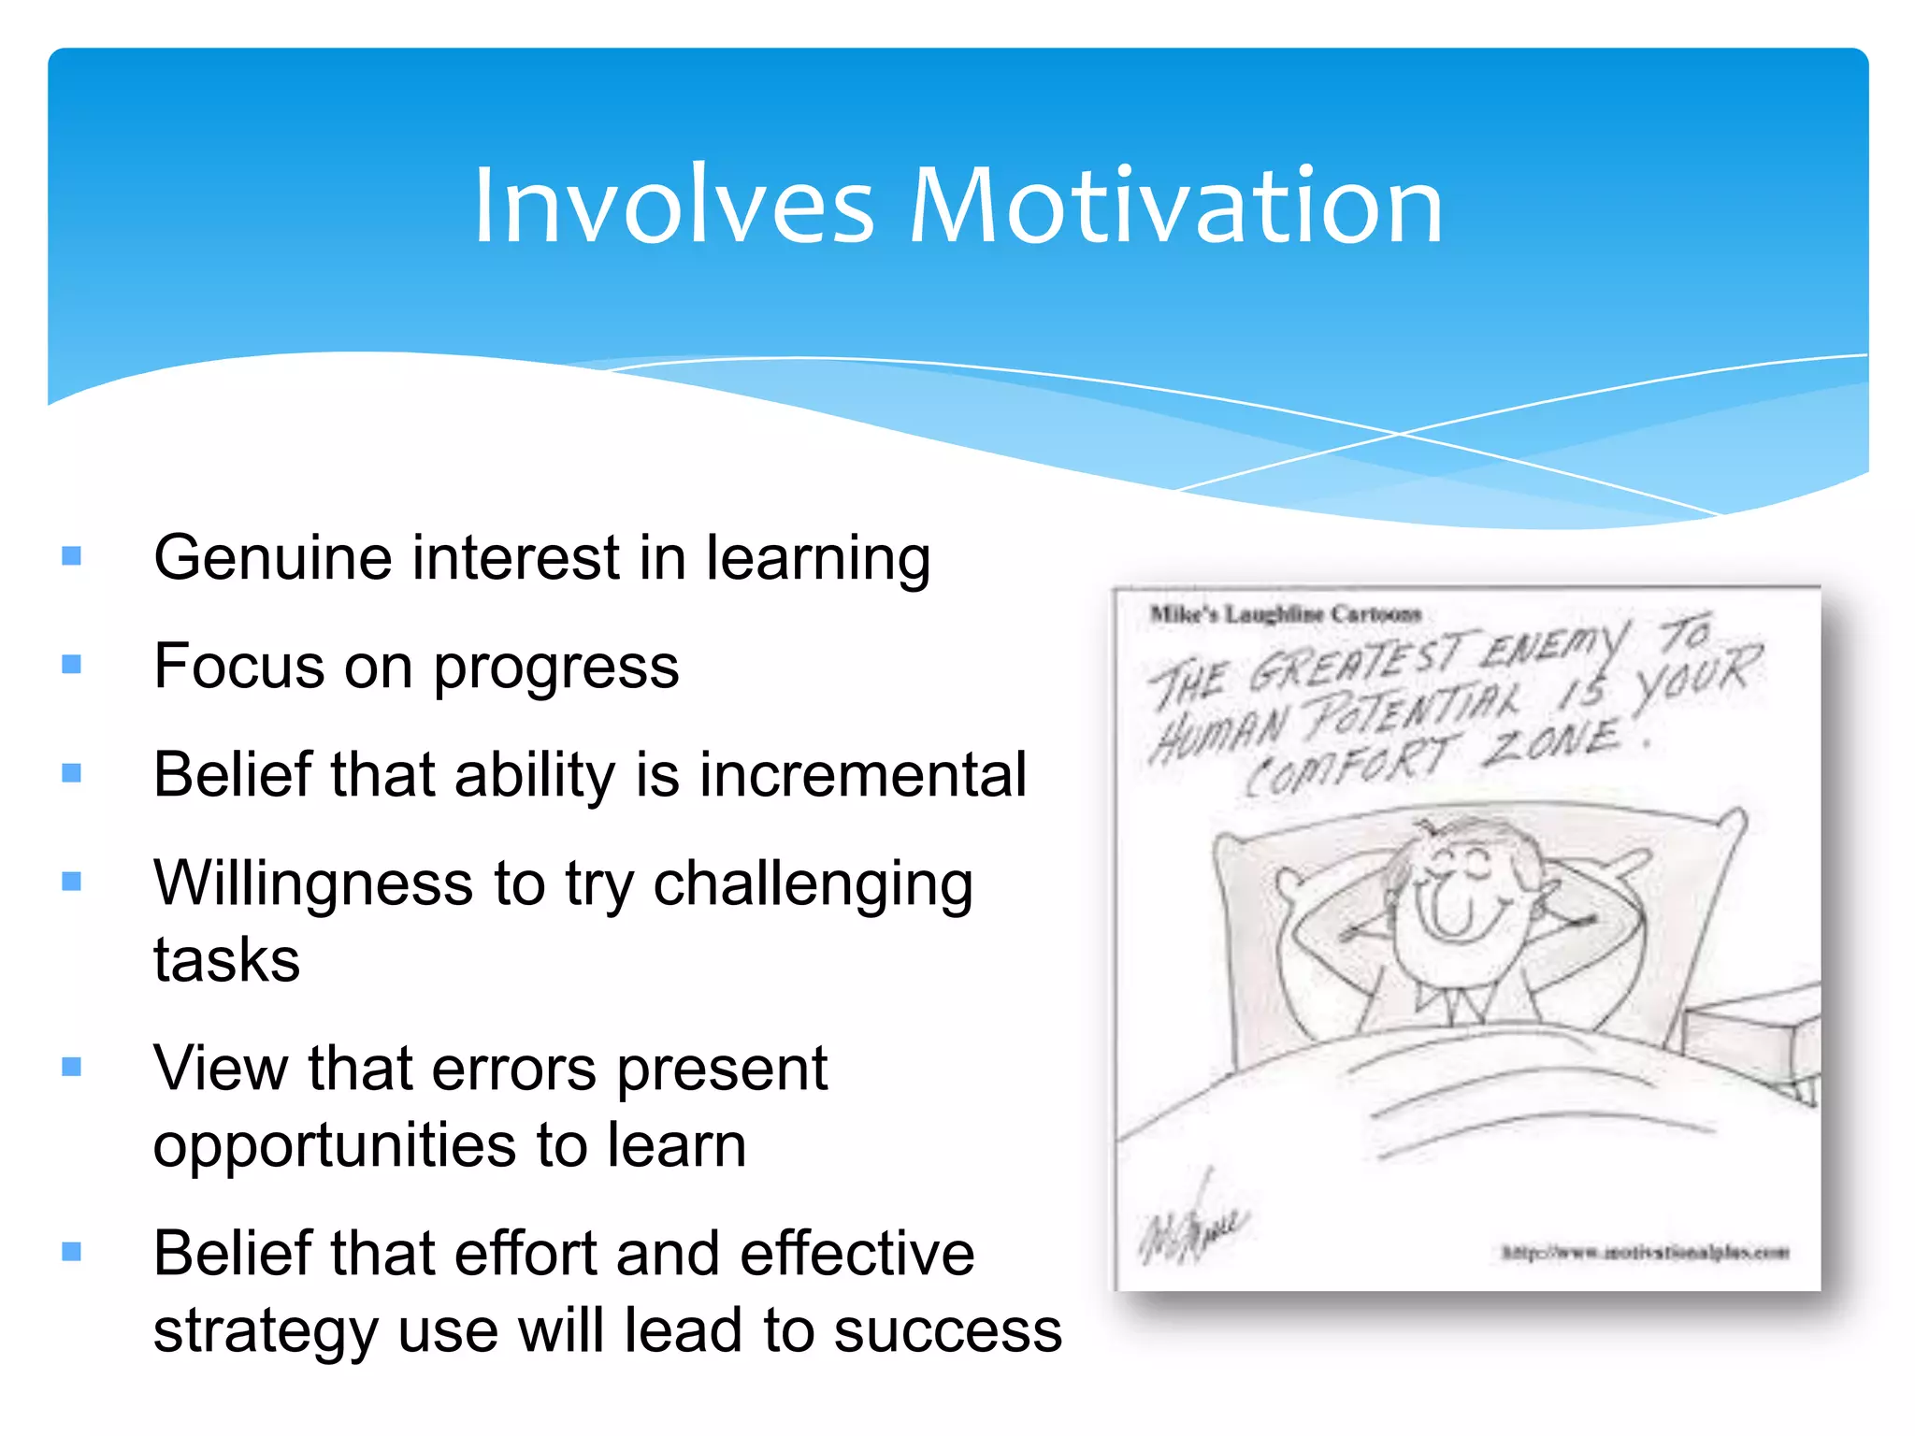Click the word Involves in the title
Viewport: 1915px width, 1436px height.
pos(673,207)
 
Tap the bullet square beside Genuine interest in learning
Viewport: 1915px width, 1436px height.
pos(72,557)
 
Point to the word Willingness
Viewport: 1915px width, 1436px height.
pos(313,883)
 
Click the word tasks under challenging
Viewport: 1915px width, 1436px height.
pos(226,960)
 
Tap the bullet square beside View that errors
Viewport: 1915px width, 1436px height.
pos(72,1067)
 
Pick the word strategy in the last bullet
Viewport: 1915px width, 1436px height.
pos(266,1332)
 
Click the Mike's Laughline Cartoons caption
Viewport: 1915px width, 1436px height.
pos(1285,614)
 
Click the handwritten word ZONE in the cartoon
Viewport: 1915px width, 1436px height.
pos(1552,743)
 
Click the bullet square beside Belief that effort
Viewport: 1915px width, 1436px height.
pos(72,1252)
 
